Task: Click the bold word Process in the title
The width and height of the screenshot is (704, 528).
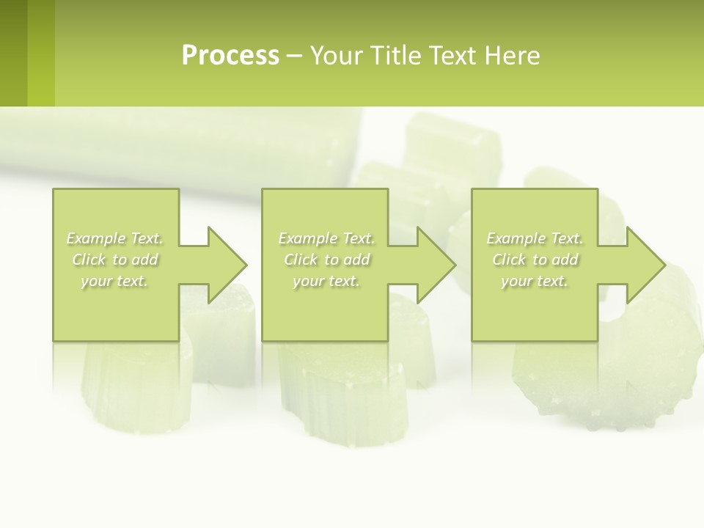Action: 230,56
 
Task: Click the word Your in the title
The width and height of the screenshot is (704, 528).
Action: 337,56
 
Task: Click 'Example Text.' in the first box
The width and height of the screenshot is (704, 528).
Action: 115,238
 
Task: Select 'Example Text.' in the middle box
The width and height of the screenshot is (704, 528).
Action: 326,238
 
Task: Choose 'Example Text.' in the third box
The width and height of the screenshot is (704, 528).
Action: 535,238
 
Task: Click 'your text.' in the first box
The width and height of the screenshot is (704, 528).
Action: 115,281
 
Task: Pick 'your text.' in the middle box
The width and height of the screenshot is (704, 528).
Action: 326,281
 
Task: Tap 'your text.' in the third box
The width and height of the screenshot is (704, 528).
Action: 535,281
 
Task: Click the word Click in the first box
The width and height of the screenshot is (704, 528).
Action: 88,260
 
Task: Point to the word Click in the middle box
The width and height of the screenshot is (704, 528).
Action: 300,260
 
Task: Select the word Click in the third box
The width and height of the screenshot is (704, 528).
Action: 508,260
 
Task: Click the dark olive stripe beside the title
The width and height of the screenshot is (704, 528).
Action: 13,53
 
